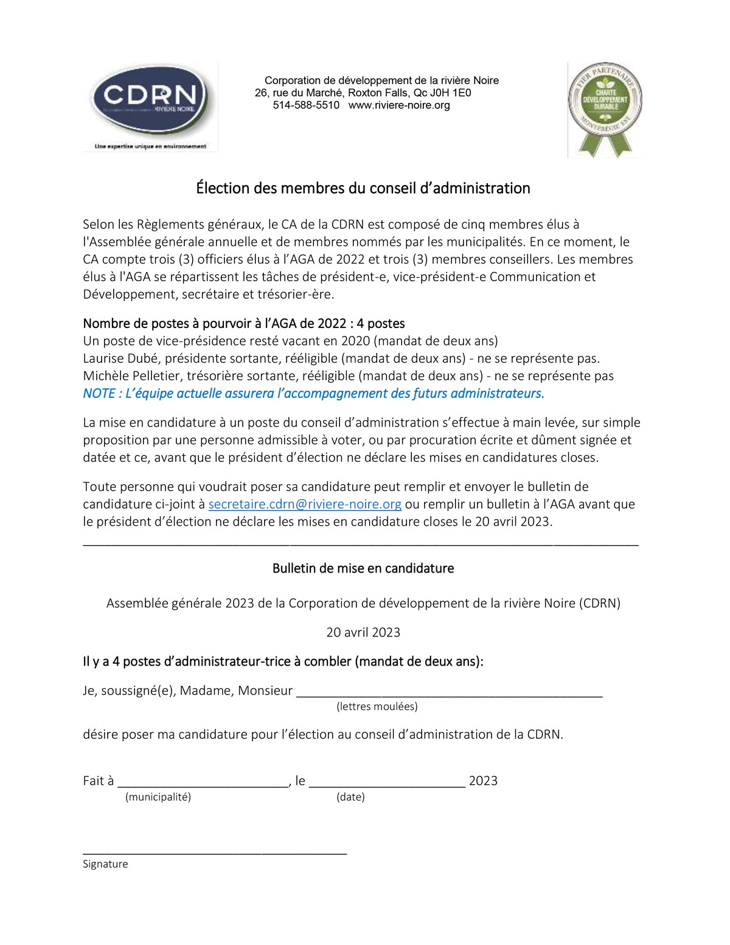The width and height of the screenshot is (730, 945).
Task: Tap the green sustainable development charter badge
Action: [605, 108]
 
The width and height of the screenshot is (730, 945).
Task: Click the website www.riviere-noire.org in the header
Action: [399, 105]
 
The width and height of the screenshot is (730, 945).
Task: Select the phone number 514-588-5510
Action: [306, 105]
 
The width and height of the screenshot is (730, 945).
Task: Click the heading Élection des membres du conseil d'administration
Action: [363, 188]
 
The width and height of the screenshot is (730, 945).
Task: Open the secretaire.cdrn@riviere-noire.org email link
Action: [305, 504]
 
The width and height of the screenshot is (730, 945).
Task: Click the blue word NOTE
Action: [99, 394]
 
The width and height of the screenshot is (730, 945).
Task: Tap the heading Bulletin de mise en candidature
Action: [363, 568]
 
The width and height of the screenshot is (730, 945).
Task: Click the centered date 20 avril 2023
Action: [363, 632]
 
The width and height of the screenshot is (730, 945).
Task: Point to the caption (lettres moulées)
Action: [377, 706]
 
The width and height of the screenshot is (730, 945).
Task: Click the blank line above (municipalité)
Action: [203, 784]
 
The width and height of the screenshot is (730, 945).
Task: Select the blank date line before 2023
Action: [387, 784]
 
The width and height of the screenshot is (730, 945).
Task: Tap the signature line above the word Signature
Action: [215, 852]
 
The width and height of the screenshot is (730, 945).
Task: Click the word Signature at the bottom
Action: [105, 864]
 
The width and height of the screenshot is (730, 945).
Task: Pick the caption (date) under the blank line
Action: [350, 797]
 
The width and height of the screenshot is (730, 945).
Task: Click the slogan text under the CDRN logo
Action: [150, 147]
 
